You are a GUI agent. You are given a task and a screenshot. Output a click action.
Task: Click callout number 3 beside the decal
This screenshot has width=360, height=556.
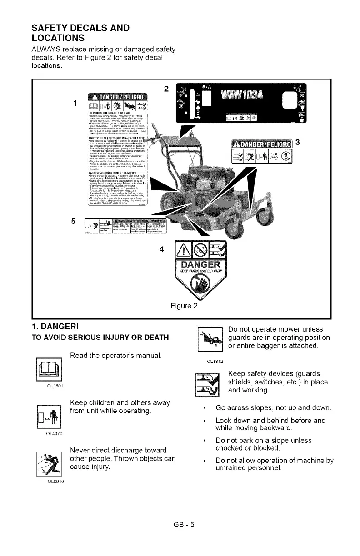(x=298, y=142)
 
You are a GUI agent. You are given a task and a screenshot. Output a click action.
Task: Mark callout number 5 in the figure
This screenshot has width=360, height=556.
(x=74, y=221)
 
